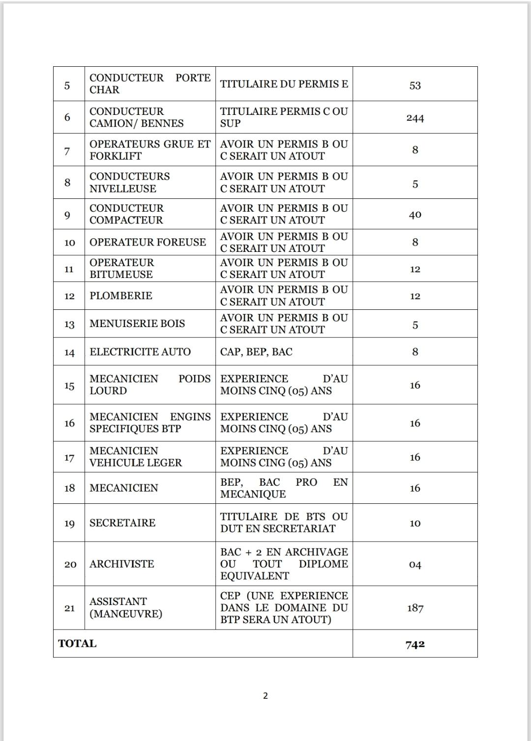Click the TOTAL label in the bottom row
click(x=77, y=643)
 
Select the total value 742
click(x=415, y=644)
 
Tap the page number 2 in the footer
click(x=265, y=695)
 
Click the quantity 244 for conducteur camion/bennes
click(x=415, y=118)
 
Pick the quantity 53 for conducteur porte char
click(x=415, y=85)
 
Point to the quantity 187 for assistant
click(x=415, y=608)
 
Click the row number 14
click(x=69, y=353)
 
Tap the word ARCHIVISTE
click(x=122, y=564)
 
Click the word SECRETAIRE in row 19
click(x=122, y=522)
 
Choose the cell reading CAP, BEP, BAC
click(x=256, y=352)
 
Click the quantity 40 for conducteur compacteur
click(x=415, y=215)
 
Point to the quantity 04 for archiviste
click(x=415, y=565)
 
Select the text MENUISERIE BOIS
click(x=137, y=324)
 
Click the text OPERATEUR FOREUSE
click(x=147, y=242)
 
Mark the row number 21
click(x=69, y=608)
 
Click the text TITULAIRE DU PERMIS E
click(x=284, y=84)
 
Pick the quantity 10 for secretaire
click(x=415, y=523)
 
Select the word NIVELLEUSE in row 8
click(x=123, y=189)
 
